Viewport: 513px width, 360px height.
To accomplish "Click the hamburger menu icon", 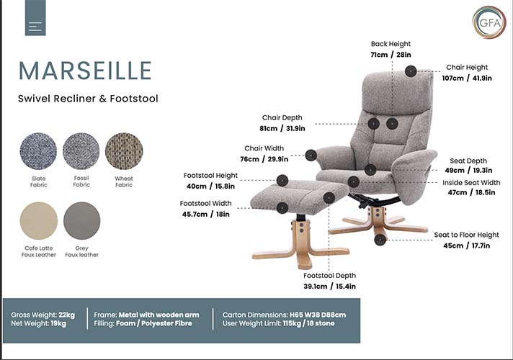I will [x=35, y=26].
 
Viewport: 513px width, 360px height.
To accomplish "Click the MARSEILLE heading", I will [x=85, y=71].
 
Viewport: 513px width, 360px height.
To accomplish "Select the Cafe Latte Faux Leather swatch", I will [x=39, y=220].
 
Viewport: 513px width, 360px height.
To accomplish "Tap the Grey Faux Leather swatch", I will [x=81, y=220].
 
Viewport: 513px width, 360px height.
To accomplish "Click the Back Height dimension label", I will [x=391, y=44].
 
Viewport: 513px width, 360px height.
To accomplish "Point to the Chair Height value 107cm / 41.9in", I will [x=467, y=78].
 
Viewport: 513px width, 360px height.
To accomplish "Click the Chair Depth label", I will [x=282, y=117].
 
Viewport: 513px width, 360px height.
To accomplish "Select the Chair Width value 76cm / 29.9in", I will [x=264, y=159].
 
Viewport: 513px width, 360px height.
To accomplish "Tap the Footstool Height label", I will [x=210, y=176].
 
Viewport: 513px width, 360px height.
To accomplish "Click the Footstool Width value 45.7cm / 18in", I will [x=205, y=214].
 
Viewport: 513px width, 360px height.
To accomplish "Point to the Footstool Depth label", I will [x=329, y=276].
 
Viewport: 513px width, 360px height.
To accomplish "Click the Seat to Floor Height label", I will [x=466, y=235].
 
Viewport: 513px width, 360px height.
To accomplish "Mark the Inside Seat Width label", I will [x=470, y=183].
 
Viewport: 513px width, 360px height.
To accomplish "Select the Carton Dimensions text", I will [x=284, y=315].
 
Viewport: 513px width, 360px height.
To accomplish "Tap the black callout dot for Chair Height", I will [x=411, y=71].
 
